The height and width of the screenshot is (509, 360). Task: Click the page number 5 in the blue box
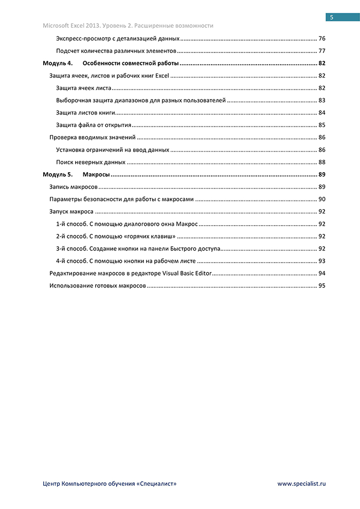tap(332, 17)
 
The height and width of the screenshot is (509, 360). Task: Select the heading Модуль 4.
tap(57, 63)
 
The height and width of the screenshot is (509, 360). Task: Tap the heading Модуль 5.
tap(57, 175)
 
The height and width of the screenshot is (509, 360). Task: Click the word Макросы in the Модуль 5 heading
tap(96, 175)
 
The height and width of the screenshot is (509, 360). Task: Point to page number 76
tap(322, 39)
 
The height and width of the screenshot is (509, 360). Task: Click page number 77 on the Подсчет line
tap(322, 51)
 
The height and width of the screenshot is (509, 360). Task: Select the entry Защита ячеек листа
tap(83, 88)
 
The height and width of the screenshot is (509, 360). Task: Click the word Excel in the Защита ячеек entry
tap(162, 76)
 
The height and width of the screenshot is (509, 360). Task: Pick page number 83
tap(322, 100)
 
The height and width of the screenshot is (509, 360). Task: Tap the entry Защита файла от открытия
tap(94, 125)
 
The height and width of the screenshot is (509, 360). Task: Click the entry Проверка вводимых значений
tap(92, 137)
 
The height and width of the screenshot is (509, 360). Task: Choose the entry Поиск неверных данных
tap(91, 162)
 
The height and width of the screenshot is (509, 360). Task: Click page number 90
tap(322, 199)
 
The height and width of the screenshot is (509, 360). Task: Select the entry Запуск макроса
tap(71, 211)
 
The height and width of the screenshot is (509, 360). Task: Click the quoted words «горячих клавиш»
tap(151, 237)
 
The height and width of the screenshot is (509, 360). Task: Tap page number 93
tap(322, 261)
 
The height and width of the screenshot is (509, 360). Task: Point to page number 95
tap(322, 286)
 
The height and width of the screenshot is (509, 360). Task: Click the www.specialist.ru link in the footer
tap(302, 483)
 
